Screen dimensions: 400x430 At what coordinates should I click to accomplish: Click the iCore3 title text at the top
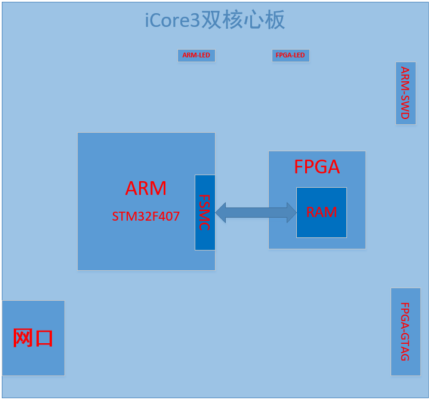pyautogui.click(x=215, y=20)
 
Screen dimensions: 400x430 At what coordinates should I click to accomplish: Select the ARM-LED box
pyautogui.click(x=196, y=56)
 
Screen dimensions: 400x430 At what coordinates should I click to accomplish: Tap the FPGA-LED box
pyautogui.click(x=290, y=56)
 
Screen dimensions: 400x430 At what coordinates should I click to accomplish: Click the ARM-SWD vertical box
pyautogui.click(x=406, y=93)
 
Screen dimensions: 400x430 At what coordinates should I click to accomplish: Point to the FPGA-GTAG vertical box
pyautogui.click(x=406, y=332)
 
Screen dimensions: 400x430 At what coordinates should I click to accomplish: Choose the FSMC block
pyautogui.click(x=205, y=212)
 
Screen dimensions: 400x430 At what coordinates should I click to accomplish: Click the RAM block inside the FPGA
pyautogui.click(x=321, y=212)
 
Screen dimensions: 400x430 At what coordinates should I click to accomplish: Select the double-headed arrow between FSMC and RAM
pyautogui.click(x=256, y=212)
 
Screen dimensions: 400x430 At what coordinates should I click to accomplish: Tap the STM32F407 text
pyautogui.click(x=146, y=216)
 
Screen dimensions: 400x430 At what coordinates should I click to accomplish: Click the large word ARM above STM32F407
pyautogui.click(x=146, y=188)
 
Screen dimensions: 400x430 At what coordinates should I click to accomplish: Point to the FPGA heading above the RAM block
pyautogui.click(x=317, y=167)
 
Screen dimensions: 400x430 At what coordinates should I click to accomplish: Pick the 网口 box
pyautogui.click(x=33, y=338)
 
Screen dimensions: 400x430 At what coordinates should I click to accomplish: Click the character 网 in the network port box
pyautogui.click(x=23, y=338)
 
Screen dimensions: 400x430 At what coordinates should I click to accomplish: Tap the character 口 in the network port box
pyautogui.click(x=44, y=338)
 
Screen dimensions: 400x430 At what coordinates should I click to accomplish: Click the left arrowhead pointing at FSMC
pyautogui.click(x=220, y=212)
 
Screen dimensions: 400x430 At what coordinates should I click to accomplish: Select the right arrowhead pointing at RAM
pyautogui.click(x=291, y=212)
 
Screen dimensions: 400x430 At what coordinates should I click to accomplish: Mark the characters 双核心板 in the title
pyautogui.click(x=243, y=20)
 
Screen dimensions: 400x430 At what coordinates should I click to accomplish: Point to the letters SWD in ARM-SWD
pyautogui.click(x=406, y=108)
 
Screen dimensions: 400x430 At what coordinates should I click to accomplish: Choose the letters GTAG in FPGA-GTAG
pyautogui.click(x=406, y=347)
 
